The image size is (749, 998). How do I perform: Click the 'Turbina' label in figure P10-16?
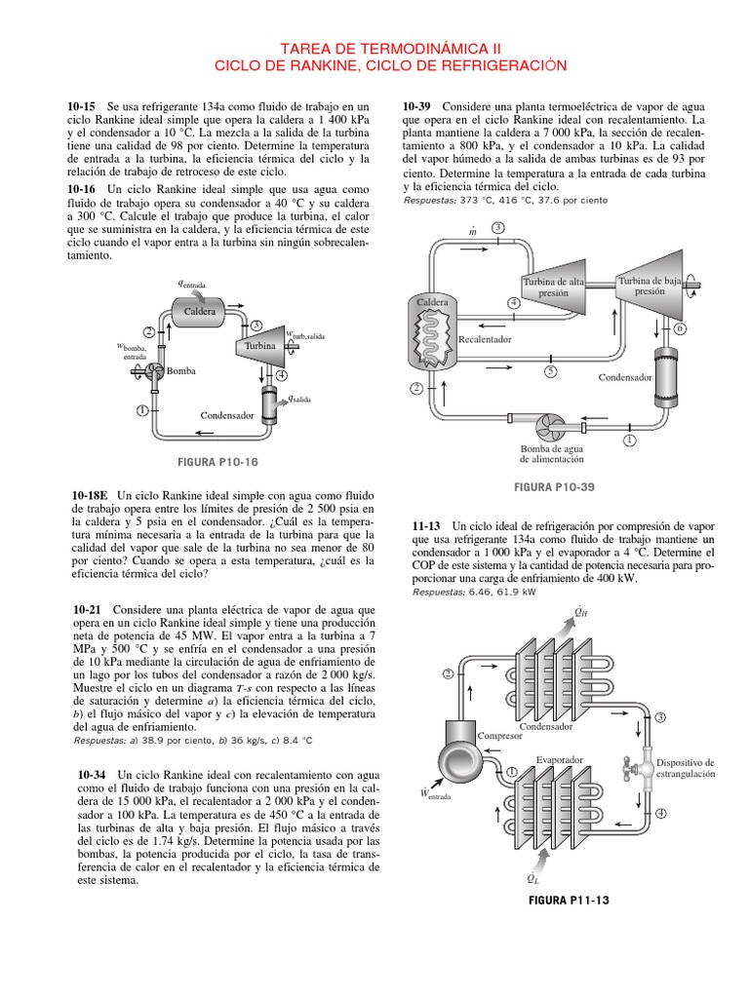[x=260, y=346]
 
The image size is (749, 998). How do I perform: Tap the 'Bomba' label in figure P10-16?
[x=180, y=371]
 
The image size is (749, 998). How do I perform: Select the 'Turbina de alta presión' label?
[x=553, y=287]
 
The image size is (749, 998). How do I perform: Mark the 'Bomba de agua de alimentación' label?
[x=552, y=452]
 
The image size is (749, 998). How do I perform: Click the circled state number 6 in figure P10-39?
[x=681, y=328]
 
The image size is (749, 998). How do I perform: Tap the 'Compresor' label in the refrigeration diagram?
[x=500, y=735]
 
